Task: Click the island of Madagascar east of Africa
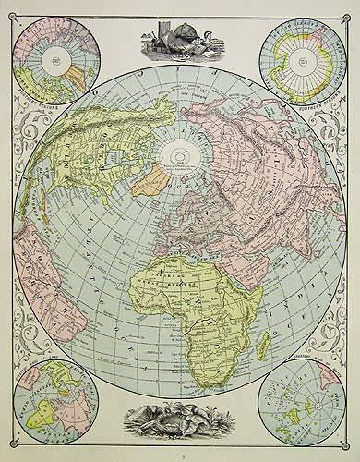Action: tap(265, 344)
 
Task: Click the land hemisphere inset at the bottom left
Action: tap(55, 403)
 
